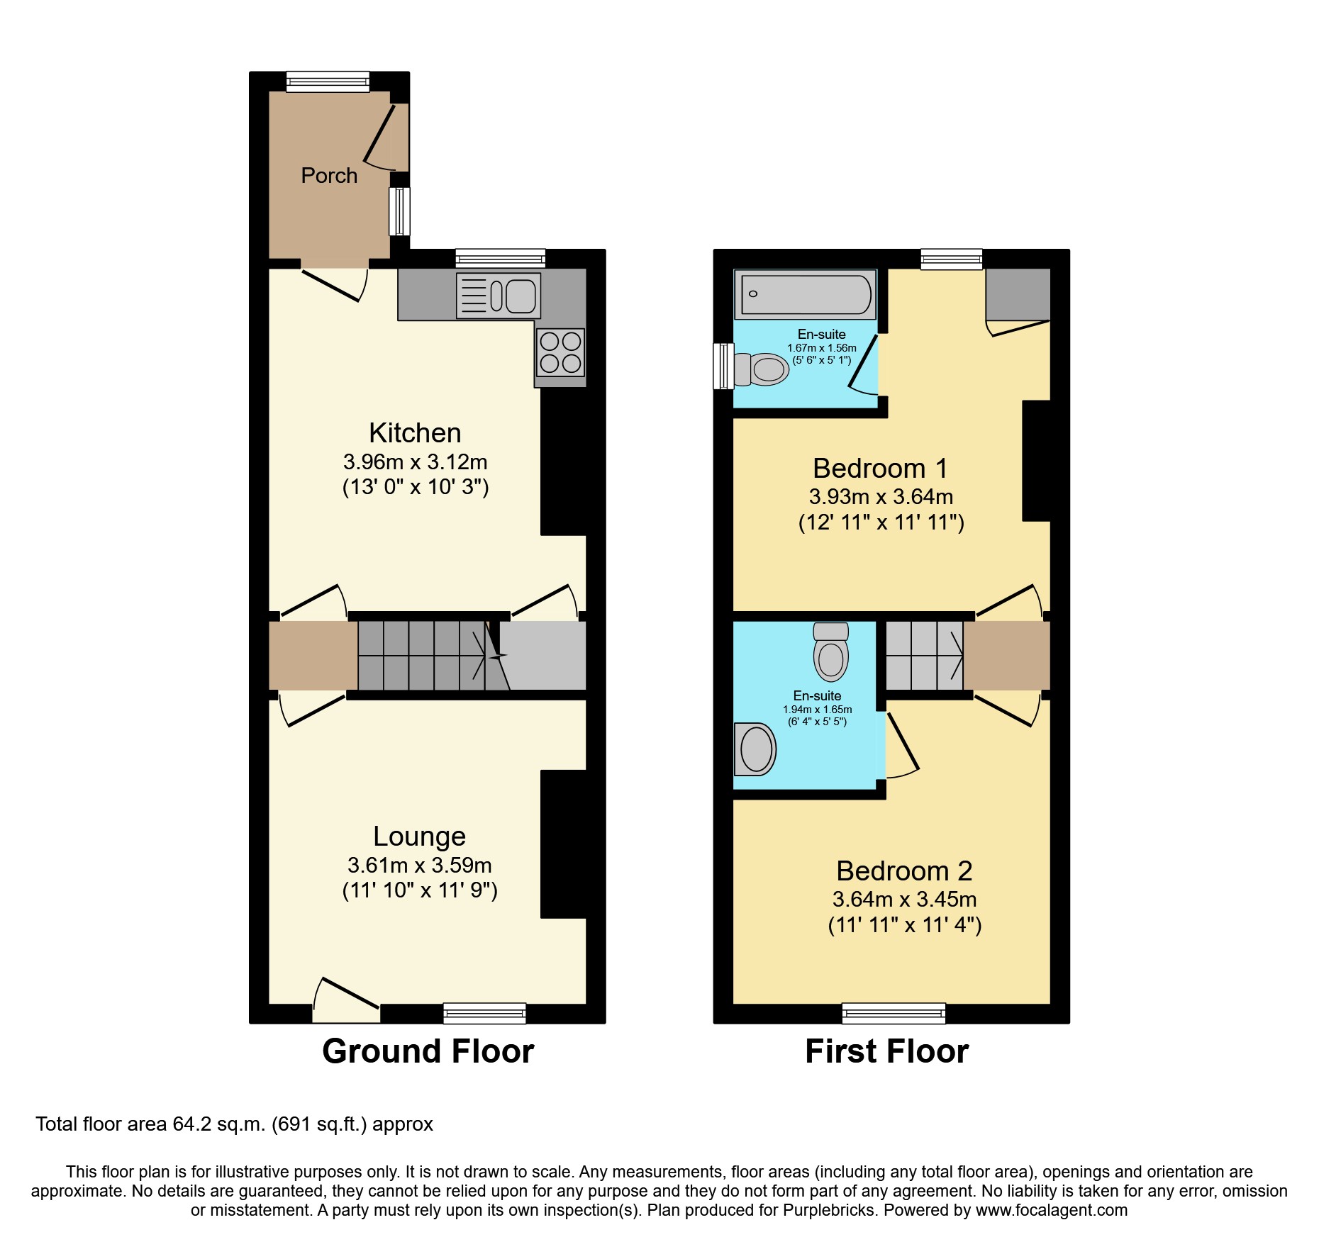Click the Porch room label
[x=329, y=175]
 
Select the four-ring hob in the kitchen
[x=560, y=352]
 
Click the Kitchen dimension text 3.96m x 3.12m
[x=415, y=462]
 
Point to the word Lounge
[x=419, y=836]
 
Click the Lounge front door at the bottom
[x=347, y=1007]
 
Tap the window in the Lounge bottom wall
[x=484, y=1014]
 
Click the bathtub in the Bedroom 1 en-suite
[x=805, y=294]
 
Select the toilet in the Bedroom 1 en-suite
[x=762, y=369]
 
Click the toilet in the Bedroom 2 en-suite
[x=831, y=652]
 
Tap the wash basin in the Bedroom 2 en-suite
[x=755, y=749]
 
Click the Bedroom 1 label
[x=879, y=469]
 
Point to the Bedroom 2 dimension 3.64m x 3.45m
[x=904, y=900]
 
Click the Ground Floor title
[x=428, y=1051]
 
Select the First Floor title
[x=886, y=1051]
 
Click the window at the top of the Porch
[x=328, y=82]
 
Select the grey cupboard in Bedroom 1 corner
[x=1018, y=294]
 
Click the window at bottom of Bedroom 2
[x=894, y=1014]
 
